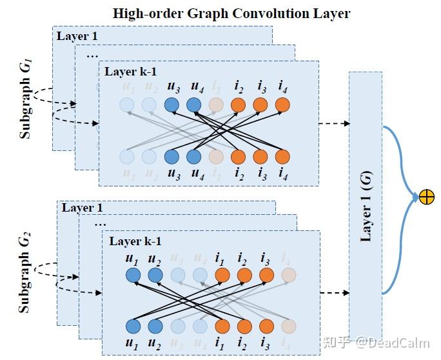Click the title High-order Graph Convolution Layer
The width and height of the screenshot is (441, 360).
click(x=231, y=12)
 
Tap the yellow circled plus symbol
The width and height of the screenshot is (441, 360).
click(x=426, y=197)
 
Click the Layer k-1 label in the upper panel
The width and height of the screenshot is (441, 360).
click(x=130, y=72)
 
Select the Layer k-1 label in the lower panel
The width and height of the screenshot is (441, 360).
click(x=135, y=241)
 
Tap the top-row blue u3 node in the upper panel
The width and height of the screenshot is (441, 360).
click(x=171, y=105)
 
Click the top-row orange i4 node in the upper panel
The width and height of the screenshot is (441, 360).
click(x=282, y=105)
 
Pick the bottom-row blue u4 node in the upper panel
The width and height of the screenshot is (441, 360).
click(x=193, y=156)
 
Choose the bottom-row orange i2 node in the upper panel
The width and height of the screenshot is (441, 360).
click(x=239, y=156)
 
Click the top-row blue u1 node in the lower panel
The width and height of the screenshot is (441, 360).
click(x=133, y=275)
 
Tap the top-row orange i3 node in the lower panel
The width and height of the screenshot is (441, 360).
click(x=266, y=275)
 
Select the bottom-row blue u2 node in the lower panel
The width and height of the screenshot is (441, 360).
click(x=155, y=326)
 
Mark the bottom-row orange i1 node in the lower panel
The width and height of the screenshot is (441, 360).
click(x=222, y=326)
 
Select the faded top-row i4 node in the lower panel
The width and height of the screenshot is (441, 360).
click(x=288, y=275)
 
